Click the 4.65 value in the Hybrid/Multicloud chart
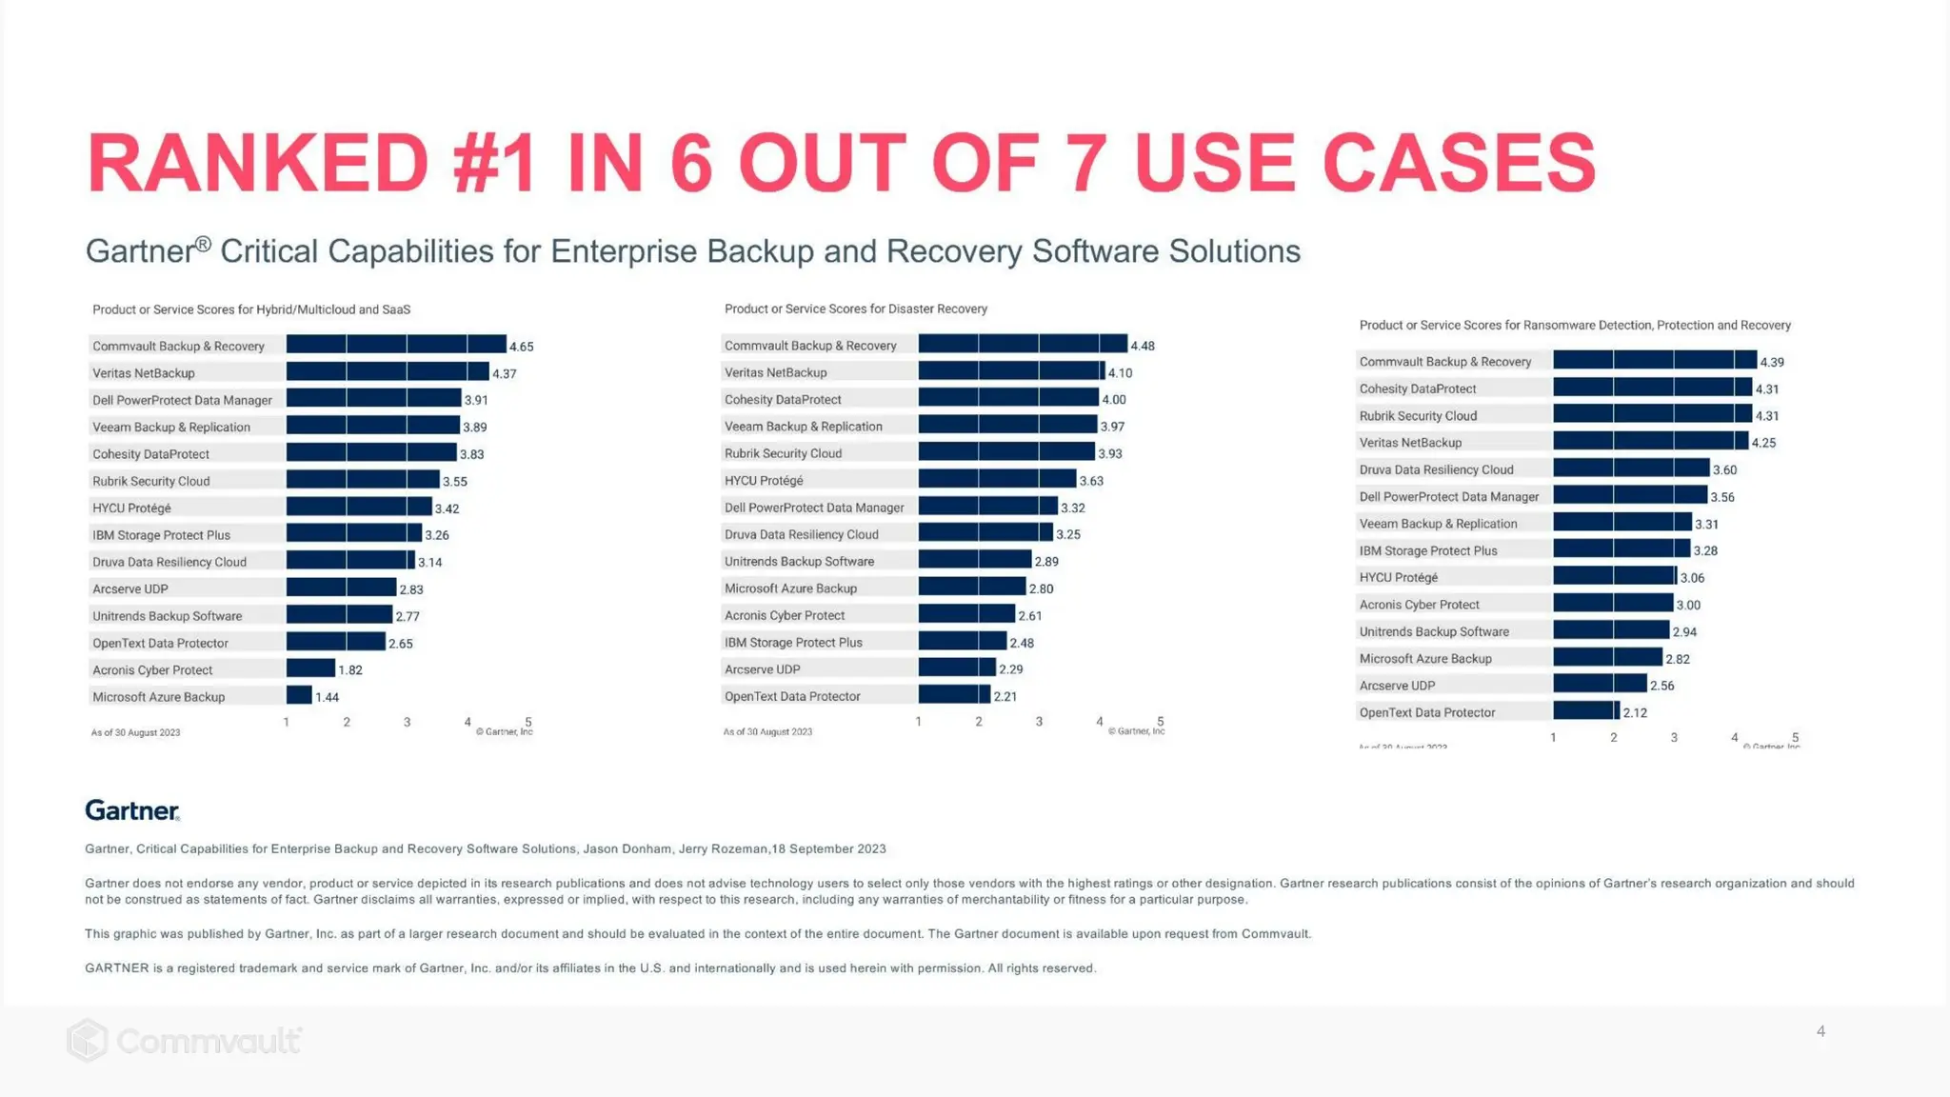click(x=521, y=347)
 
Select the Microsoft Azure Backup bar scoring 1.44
click(x=299, y=696)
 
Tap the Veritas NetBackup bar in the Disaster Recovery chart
click(x=1010, y=372)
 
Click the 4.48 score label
click(x=1142, y=346)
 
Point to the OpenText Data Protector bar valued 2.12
click(x=1585, y=711)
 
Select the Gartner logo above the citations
click(x=132, y=810)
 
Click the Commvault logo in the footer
click(x=185, y=1041)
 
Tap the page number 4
click(x=1821, y=1031)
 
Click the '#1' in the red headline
click(x=494, y=164)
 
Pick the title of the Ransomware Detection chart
click(x=1575, y=326)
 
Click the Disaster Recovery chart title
click(x=855, y=309)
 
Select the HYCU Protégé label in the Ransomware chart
click(x=1398, y=577)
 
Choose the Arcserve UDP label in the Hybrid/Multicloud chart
click(x=130, y=588)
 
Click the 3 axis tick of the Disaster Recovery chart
click(x=1039, y=722)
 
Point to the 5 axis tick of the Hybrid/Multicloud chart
click(x=528, y=722)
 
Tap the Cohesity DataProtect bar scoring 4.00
click(x=1007, y=399)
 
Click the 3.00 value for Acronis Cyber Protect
click(x=1688, y=605)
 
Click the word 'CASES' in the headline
click(x=1459, y=164)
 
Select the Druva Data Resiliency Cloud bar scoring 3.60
click(x=1630, y=469)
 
